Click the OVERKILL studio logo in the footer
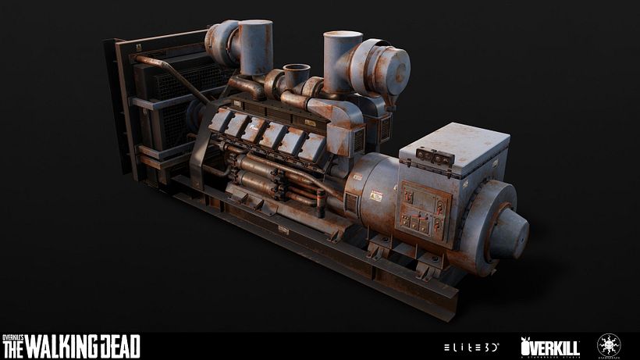[549, 344]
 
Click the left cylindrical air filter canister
[255, 47]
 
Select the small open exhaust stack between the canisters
[297, 77]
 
